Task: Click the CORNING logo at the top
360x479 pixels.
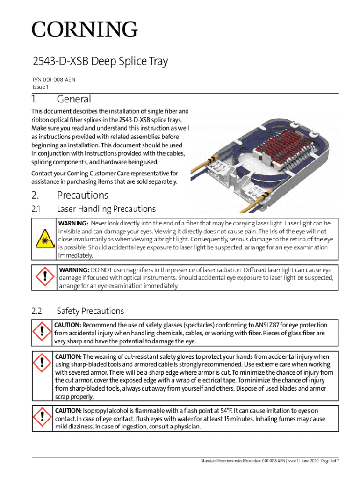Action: pos(85,30)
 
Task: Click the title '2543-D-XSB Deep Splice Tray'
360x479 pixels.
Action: pos(100,62)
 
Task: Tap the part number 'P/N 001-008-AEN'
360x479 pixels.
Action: pos(53,80)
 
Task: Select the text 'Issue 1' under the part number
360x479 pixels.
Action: pos(41,87)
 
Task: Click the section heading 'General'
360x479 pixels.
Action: pos(74,100)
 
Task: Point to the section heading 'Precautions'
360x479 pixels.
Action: pos(82,195)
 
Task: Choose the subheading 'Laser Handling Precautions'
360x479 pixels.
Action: pos(106,209)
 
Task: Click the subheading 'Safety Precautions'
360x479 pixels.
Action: pos(90,311)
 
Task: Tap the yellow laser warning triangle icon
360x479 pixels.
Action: pos(43,239)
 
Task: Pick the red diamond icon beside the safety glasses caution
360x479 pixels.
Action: pos(42,333)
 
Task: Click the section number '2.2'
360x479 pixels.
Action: pos(37,311)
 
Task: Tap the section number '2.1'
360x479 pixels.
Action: pos(36,209)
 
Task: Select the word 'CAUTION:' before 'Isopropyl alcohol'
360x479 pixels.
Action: pos(68,411)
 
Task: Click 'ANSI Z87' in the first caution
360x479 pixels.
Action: pos(266,325)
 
